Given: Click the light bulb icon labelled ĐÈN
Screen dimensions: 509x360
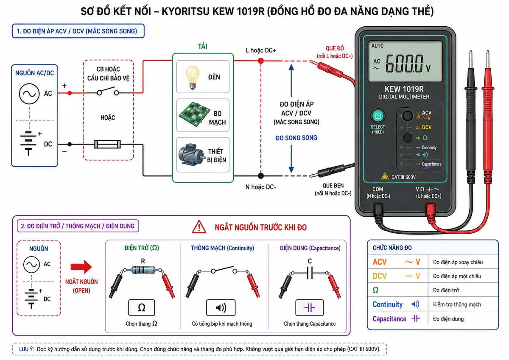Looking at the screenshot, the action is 193,77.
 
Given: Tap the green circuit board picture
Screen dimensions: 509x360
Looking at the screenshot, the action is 194,114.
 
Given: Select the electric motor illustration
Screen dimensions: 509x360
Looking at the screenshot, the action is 191,154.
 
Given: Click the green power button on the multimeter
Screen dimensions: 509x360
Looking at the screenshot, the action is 378,116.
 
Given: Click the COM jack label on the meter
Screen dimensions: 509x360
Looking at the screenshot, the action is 378,189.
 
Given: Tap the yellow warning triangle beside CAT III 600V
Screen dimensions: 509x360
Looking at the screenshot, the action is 385,176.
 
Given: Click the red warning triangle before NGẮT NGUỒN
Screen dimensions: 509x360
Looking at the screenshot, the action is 199,227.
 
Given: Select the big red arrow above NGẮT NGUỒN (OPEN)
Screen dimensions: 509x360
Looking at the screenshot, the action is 81,267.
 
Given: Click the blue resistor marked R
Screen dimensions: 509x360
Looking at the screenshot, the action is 143,270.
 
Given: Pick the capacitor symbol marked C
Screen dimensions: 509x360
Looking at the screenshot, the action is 310,273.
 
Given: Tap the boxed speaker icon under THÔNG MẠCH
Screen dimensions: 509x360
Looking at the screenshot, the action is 221,308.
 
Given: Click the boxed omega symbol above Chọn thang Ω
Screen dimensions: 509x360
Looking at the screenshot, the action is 141,308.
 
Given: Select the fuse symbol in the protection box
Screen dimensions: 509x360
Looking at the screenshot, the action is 107,144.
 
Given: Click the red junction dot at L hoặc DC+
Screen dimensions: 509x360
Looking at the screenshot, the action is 261,61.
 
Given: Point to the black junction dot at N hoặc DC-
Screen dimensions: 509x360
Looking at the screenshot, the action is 261,176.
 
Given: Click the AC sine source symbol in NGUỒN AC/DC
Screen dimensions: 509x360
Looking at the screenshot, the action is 29,94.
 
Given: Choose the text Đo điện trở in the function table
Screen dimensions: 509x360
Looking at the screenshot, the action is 446,290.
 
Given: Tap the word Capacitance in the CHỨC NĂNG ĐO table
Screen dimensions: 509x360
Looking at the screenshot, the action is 389,319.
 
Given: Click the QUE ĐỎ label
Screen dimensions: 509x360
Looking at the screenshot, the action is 335,48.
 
